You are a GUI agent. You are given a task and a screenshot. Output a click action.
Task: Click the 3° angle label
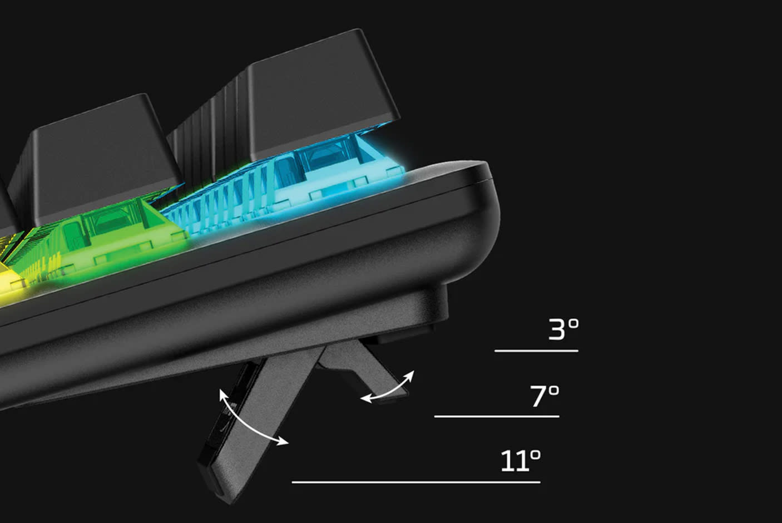pyautogui.click(x=563, y=329)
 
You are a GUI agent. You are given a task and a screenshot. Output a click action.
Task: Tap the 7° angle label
pyautogui.click(x=545, y=396)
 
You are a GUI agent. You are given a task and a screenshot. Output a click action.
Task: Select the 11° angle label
pyautogui.click(x=521, y=461)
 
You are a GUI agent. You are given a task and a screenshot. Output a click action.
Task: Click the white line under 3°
pyautogui.click(x=536, y=351)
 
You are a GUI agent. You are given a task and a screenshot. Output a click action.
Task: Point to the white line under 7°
pyautogui.click(x=497, y=416)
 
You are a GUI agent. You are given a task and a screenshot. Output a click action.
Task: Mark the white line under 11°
pyautogui.click(x=416, y=482)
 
